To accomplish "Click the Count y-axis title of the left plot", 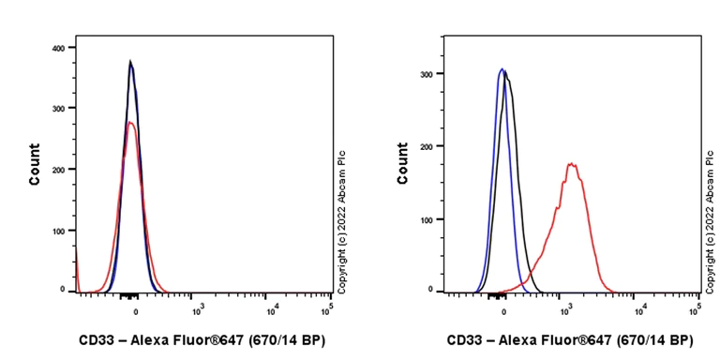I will tap(35, 164).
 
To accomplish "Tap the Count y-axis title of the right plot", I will tap(403, 164).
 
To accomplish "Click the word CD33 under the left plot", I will tap(95, 340).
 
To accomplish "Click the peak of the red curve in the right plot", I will tap(571, 165).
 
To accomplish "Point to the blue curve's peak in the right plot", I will tap(502, 68).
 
